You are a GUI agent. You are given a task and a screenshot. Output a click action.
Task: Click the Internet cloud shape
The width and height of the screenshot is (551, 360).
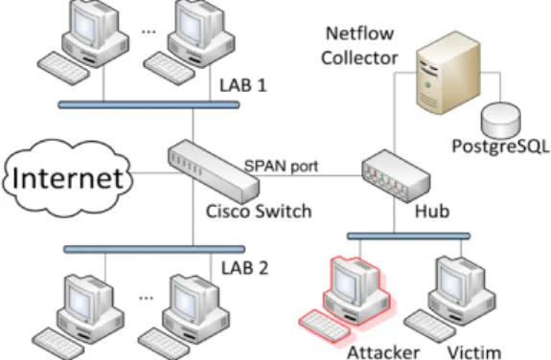click(x=68, y=178)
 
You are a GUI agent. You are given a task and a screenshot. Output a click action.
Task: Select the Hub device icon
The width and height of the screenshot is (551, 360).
click(x=396, y=176)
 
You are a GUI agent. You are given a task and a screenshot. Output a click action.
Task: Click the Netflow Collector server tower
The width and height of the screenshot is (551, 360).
click(x=448, y=73)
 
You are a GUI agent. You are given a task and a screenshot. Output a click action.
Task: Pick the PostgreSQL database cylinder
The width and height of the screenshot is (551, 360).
click(x=501, y=120)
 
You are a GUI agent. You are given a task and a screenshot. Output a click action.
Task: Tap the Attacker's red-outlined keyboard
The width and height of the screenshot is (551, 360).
click(x=324, y=325)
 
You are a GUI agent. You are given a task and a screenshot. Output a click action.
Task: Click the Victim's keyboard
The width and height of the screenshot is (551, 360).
click(x=429, y=326)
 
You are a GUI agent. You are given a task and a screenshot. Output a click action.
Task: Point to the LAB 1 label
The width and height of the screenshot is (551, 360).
click(x=243, y=85)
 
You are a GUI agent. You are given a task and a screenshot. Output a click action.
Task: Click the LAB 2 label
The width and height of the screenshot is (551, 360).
click(x=244, y=268)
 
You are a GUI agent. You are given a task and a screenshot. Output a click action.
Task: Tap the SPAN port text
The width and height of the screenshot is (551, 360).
click(x=281, y=166)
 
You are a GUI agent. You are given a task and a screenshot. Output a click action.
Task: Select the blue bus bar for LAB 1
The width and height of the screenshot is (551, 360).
click(x=149, y=104)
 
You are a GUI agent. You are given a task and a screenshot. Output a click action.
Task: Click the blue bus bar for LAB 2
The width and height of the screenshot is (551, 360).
click(x=154, y=249)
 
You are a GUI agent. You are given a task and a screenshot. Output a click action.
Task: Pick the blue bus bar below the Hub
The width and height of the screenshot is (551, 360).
click(x=409, y=236)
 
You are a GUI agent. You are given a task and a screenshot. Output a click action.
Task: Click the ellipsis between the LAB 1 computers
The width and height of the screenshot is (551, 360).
click(x=149, y=32)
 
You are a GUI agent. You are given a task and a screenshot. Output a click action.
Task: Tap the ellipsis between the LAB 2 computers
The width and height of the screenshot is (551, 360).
click(x=147, y=299)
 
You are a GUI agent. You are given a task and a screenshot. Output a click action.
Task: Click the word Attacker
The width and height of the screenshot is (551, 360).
click(x=383, y=352)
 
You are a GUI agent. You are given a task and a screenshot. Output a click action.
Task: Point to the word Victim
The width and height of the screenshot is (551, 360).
click(x=474, y=352)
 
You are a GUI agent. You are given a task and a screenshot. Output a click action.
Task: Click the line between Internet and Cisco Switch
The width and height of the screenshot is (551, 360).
click(x=151, y=172)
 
